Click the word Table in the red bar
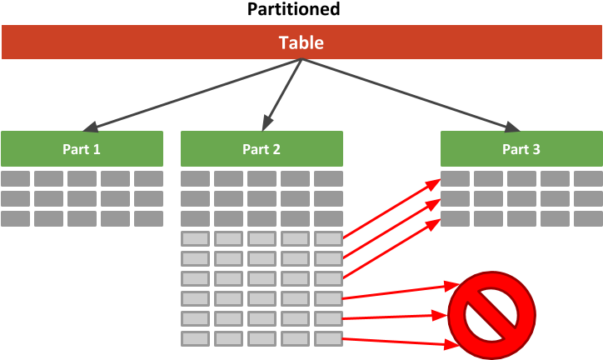click(301, 42)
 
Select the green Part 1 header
click(82, 149)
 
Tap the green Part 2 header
click(262, 149)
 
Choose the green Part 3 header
click(521, 149)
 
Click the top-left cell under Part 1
click(15, 178)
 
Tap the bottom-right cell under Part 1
click(148, 218)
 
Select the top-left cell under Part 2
click(195, 178)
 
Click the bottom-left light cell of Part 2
click(195, 338)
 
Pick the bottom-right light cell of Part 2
click(328, 338)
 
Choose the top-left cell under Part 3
click(455, 178)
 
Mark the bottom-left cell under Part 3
click(455, 218)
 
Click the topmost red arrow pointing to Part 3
click(391, 208)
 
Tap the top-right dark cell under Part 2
click(328, 178)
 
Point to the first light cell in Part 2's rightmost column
click(328, 238)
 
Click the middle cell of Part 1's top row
click(82, 178)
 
